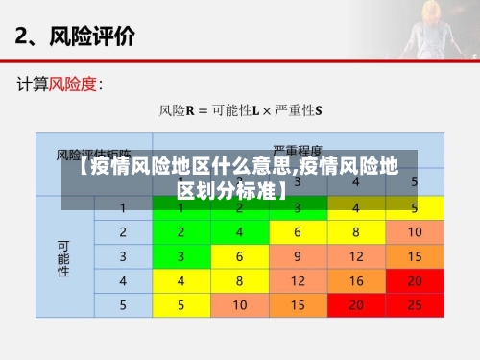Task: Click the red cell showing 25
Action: point(415,304)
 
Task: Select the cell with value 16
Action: point(356,280)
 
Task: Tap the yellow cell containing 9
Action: point(299,256)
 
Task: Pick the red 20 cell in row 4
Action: point(415,280)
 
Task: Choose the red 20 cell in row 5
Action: point(356,304)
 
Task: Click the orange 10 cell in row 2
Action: point(415,232)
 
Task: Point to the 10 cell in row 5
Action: point(240,304)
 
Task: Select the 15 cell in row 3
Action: point(415,256)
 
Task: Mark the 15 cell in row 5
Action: point(299,304)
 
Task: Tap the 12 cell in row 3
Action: point(356,256)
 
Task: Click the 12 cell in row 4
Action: point(299,280)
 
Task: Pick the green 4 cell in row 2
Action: point(240,232)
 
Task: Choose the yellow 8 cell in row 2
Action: point(356,232)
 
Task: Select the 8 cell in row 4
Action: point(240,280)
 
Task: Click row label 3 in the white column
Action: point(123,256)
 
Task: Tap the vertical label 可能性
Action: point(63,257)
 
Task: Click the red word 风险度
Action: point(73,84)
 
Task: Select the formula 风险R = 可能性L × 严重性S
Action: point(240,110)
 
